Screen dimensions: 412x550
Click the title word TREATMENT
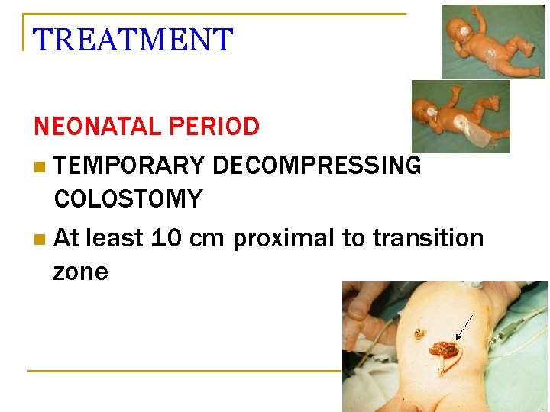(x=133, y=40)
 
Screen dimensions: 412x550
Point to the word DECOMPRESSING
(x=316, y=165)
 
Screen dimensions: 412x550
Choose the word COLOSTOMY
(x=128, y=200)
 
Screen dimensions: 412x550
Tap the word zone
(x=80, y=272)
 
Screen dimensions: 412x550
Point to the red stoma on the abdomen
(x=444, y=352)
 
